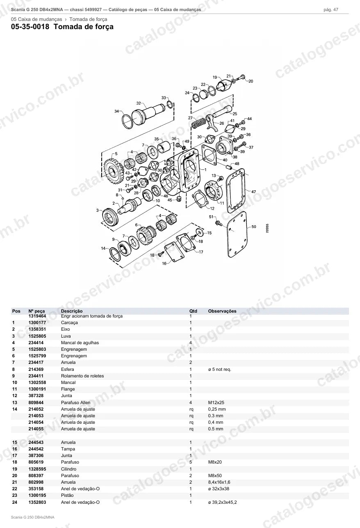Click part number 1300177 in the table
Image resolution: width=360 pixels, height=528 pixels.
(x=37, y=322)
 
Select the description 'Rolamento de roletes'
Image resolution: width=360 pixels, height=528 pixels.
(x=82, y=376)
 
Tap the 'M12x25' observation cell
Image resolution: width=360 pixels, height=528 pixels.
(x=216, y=402)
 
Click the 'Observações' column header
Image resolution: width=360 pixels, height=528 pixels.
(x=222, y=311)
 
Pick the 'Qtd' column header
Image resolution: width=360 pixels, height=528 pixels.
(x=193, y=311)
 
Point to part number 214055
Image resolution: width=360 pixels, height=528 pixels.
(x=36, y=429)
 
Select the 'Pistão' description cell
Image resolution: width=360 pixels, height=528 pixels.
(x=67, y=495)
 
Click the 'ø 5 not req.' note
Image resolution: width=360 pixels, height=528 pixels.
(x=220, y=369)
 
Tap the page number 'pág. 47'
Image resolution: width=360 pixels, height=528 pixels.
(x=331, y=10)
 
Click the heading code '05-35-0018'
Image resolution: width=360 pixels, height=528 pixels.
(x=30, y=27)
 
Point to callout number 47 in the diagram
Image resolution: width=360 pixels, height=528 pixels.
(x=253, y=192)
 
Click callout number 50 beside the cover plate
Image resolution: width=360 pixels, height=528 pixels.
(x=254, y=226)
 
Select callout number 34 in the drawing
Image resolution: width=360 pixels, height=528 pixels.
(x=116, y=111)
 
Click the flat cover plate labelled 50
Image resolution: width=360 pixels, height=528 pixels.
(x=237, y=235)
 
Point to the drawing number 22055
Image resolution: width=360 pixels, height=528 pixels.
(x=267, y=228)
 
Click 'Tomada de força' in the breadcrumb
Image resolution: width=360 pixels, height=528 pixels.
(x=88, y=19)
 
